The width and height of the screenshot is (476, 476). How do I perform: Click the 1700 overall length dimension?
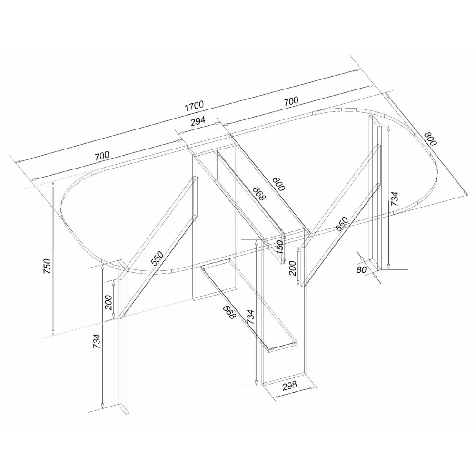click(x=194, y=106)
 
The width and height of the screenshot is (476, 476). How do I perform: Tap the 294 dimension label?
click(x=198, y=121)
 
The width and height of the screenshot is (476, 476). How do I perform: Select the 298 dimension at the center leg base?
click(x=289, y=386)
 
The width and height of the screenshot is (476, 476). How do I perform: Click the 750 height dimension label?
click(x=48, y=266)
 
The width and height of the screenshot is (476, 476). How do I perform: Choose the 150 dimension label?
click(x=280, y=247)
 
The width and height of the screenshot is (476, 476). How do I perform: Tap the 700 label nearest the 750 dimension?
click(x=102, y=156)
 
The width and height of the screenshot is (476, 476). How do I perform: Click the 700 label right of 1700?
click(x=291, y=101)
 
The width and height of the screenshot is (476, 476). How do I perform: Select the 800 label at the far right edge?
click(x=430, y=139)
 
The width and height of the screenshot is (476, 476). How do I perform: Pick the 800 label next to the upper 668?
click(x=279, y=184)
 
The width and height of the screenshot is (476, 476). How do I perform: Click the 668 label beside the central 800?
click(x=259, y=194)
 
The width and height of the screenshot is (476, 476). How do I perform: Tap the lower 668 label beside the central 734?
click(x=229, y=312)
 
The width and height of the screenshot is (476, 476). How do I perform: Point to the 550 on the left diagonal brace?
click(x=157, y=258)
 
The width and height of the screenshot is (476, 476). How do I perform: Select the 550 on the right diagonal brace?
click(x=342, y=224)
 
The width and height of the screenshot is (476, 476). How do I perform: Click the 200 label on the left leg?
click(x=109, y=302)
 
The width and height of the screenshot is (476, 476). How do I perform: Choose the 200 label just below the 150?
click(x=292, y=268)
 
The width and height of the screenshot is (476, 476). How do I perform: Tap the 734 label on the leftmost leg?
click(x=96, y=341)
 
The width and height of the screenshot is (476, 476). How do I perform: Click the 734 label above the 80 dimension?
click(x=394, y=199)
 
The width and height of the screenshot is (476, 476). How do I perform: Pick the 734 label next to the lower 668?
click(x=250, y=317)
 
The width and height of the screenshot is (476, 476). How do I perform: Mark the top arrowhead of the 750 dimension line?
click(x=53, y=184)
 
